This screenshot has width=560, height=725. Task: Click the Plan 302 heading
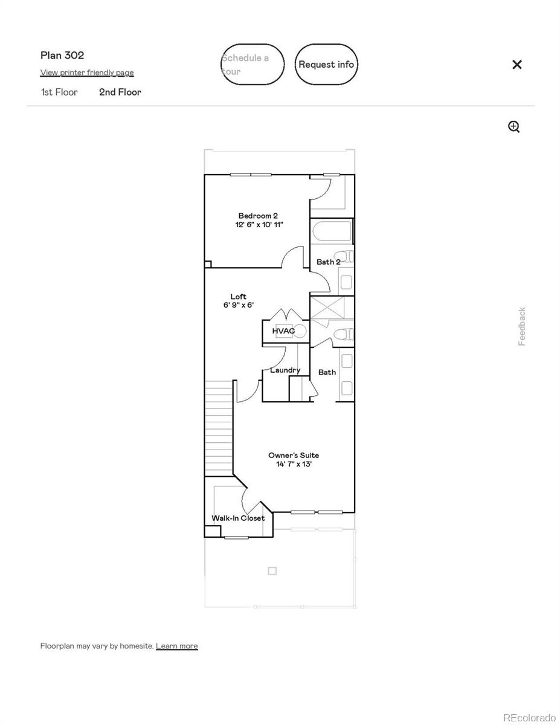pos(62,56)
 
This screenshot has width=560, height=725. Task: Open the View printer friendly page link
pos(87,72)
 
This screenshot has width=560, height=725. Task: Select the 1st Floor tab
pos(59,92)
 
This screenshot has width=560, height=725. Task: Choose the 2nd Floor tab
pos(120,92)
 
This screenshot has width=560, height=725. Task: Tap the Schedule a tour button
pos(252,64)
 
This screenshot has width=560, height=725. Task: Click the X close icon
pos(517,65)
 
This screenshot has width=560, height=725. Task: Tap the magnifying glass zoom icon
pos(513,126)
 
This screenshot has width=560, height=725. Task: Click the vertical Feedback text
pos(522,326)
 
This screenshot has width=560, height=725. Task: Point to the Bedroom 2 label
pos(258,216)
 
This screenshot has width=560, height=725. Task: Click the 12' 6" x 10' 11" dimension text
pos(259,225)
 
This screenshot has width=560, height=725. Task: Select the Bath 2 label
pos(328,262)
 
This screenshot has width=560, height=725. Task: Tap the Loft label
pos(239,297)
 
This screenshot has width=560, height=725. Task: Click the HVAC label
pos(283,331)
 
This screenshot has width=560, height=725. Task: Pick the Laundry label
pos(285,370)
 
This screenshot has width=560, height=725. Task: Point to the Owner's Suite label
pos(294,456)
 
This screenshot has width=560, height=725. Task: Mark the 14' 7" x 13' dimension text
pos(294,465)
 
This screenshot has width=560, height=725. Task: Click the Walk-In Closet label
pos(238,518)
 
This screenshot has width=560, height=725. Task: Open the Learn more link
pos(176,646)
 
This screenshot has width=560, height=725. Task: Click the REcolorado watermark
pos(529,717)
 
